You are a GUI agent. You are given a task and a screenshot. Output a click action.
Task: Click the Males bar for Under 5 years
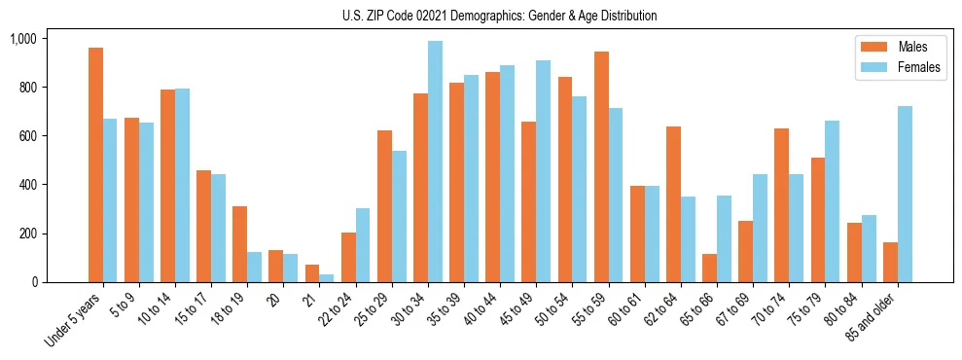(95, 165)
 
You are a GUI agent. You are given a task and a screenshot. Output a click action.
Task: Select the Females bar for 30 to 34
(435, 162)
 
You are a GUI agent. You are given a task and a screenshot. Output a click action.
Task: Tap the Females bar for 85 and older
(905, 195)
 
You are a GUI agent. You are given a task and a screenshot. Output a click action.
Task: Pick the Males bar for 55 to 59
(601, 166)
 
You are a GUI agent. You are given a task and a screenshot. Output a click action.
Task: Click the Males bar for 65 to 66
(709, 269)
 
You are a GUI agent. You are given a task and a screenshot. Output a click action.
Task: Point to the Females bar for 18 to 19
(254, 268)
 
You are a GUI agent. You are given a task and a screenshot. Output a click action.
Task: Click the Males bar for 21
(312, 273)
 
